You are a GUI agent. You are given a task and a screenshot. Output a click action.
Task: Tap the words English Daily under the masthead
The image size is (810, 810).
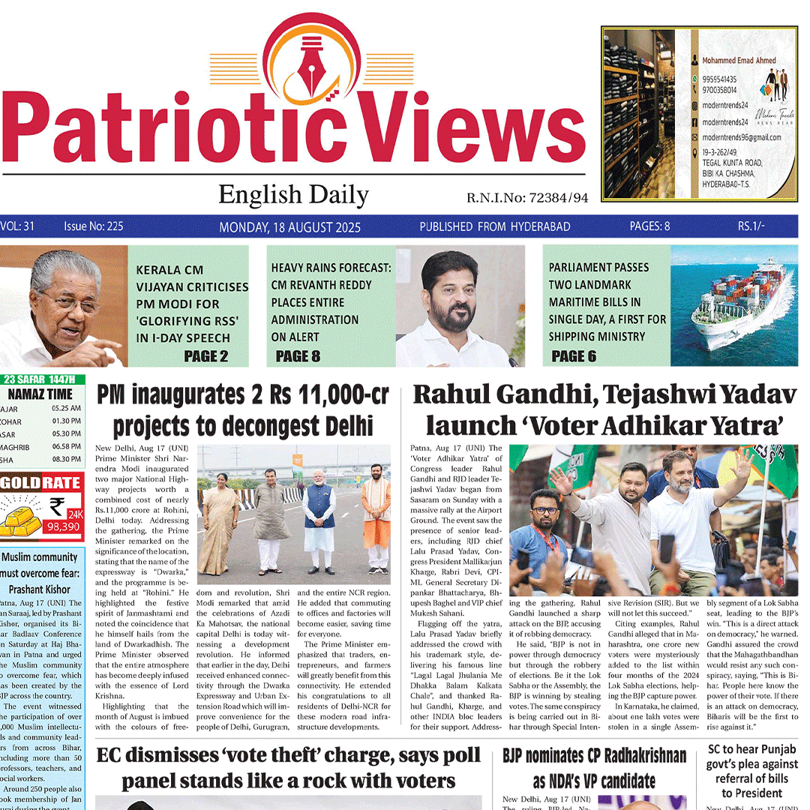pyautogui.click(x=293, y=196)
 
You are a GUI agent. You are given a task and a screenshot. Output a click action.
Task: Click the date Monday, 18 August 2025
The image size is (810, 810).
pyautogui.click(x=289, y=227)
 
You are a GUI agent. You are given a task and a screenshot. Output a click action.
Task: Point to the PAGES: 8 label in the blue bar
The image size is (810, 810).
pyautogui.click(x=649, y=226)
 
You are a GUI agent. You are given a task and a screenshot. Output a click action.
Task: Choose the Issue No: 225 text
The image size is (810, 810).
pyautogui.click(x=94, y=226)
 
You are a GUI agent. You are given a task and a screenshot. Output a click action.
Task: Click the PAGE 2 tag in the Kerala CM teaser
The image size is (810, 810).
pyautogui.click(x=205, y=356)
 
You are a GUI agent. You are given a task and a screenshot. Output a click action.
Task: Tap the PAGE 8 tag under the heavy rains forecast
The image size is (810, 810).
pyautogui.click(x=298, y=356)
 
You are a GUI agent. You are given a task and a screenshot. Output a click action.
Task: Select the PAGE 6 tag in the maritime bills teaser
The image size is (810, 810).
pyautogui.click(x=574, y=356)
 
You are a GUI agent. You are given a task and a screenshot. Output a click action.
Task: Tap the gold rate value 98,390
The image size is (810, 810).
pyautogui.click(x=63, y=527)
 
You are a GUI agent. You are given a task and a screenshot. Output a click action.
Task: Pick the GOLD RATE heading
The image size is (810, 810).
pyautogui.click(x=42, y=484)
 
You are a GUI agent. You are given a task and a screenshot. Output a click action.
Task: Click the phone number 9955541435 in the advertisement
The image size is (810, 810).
pyautogui.click(x=719, y=79)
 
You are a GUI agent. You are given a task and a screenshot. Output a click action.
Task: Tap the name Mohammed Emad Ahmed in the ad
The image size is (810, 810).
pyautogui.click(x=739, y=60)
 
